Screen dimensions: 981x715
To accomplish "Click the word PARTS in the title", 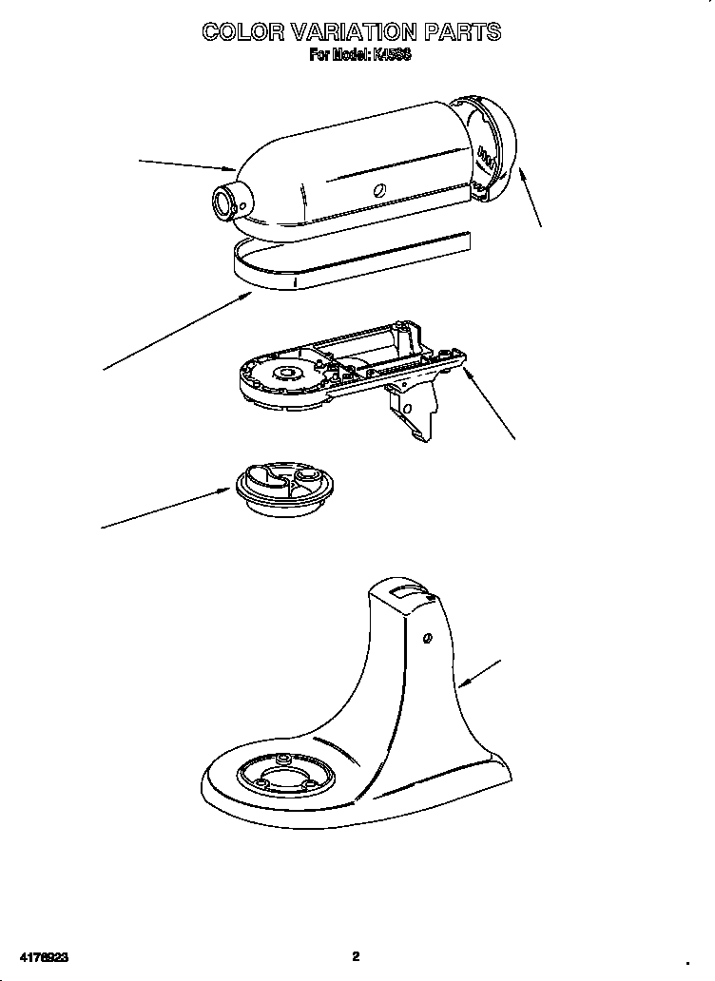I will click(x=462, y=32).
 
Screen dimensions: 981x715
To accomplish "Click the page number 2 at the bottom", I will click(x=356, y=956).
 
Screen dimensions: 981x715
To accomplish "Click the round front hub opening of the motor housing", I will click(x=226, y=201).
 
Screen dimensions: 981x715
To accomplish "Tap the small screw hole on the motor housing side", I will click(x=379, y=190).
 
